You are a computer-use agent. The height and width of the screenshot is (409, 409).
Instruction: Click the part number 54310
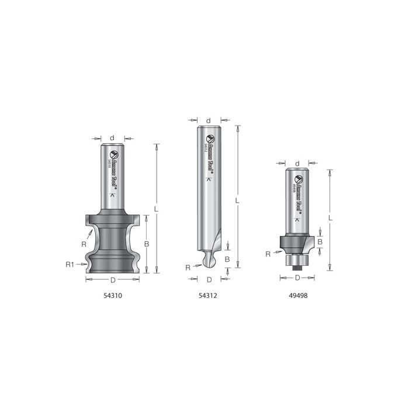point(112,296)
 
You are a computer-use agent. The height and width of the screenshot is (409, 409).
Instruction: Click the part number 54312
point(209,296)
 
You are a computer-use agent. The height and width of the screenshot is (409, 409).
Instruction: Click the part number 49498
point(298,296)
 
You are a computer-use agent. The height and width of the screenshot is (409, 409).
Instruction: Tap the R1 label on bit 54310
point(69,265)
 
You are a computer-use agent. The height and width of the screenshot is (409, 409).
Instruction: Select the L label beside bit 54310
point(156,208)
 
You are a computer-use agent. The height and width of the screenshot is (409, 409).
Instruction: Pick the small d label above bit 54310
point(112,139)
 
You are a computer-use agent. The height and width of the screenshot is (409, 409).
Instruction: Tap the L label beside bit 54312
point(237,200)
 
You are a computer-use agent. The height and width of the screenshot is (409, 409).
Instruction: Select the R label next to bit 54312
point(188,267)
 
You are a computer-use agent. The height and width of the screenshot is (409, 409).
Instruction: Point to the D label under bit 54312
point(209,279)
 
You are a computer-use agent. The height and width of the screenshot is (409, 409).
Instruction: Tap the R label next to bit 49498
point(268,254)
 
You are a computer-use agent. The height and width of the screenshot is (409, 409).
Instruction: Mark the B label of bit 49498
point(320,241)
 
